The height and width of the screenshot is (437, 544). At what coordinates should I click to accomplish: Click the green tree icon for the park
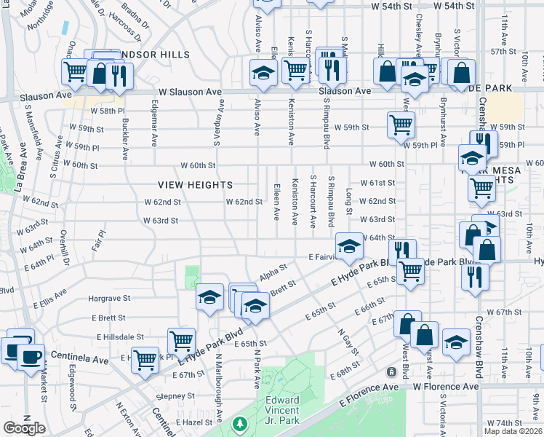(239, 423)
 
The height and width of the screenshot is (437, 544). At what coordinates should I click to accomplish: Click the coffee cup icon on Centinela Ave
(30, 356)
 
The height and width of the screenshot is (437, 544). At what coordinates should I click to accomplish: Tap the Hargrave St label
(109, 298)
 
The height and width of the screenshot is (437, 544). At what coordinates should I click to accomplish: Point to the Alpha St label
(270, 269)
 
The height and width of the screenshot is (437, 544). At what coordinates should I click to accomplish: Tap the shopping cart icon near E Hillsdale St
(181, 339)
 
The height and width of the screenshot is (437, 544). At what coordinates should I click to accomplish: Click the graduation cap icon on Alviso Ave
(263, 72)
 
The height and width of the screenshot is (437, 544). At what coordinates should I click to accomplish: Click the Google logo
(24, 428)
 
